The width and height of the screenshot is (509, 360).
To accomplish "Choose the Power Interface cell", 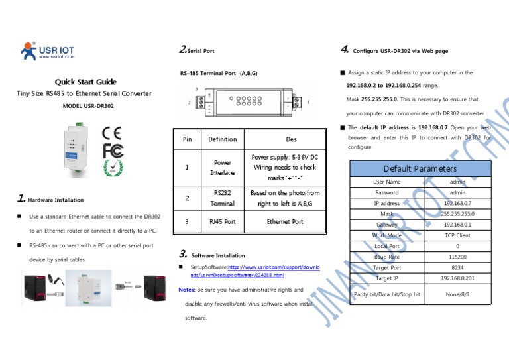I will pyautogui.click(x=222, y=167).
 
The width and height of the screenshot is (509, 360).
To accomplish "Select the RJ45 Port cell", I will pyautogui.click(x=222, y=221).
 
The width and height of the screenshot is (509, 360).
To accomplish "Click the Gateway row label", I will pyautogui.click(x=387, y=225).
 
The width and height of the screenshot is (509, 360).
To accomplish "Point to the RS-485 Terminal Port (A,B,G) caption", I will pyautogui.click(x=219, y=72).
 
